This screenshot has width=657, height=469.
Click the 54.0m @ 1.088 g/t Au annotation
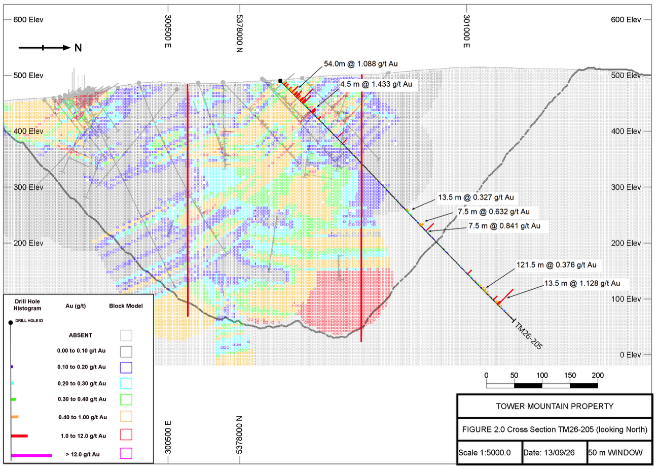pyautogui.click(x=361, y=64)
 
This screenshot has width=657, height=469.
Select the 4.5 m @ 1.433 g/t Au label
pyautogui.click(x=376, y=84)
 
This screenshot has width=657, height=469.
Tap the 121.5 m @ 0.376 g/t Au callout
pyautogui.click(x=557, y=265)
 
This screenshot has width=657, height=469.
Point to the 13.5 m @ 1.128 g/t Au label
pyautogui.click(x=582, y=283)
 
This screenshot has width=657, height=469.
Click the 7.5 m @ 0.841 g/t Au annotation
pyautogui.click(x=504, y=226)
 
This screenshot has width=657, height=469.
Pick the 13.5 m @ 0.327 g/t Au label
pyautogui.click(x=476, y=197)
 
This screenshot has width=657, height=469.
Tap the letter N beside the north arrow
pyautogui.click(x=78, y=48)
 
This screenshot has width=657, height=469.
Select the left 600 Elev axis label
pyautogui.click(x=28, y=20)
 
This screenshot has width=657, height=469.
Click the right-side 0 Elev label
pyautogui.click(x=630, y=355)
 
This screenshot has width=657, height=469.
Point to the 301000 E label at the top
pyautogui.click(x=466, y=31)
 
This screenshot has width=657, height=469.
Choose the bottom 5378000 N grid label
pyautogui.click(x=239, y=434)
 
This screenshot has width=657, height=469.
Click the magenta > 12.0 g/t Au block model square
pyautogui.click(x=126, y=453)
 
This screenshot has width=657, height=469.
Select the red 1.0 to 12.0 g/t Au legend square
pyautogui.click(x=126, y=434)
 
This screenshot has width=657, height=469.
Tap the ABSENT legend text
pyautogui.click(x=81, y=336)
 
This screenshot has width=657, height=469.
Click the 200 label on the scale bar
pyautogui.click(x=598, y=375)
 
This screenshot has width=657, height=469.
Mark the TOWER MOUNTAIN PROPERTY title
pyautogui.click(x=555, y=406)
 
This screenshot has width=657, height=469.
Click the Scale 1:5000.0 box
pyautogui.click(x=490, y=453)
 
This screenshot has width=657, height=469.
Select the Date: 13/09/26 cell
pyautogui.click(x=555, y=453)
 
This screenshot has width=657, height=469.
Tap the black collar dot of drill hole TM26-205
pyautogui.click(x=280, y=81)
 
